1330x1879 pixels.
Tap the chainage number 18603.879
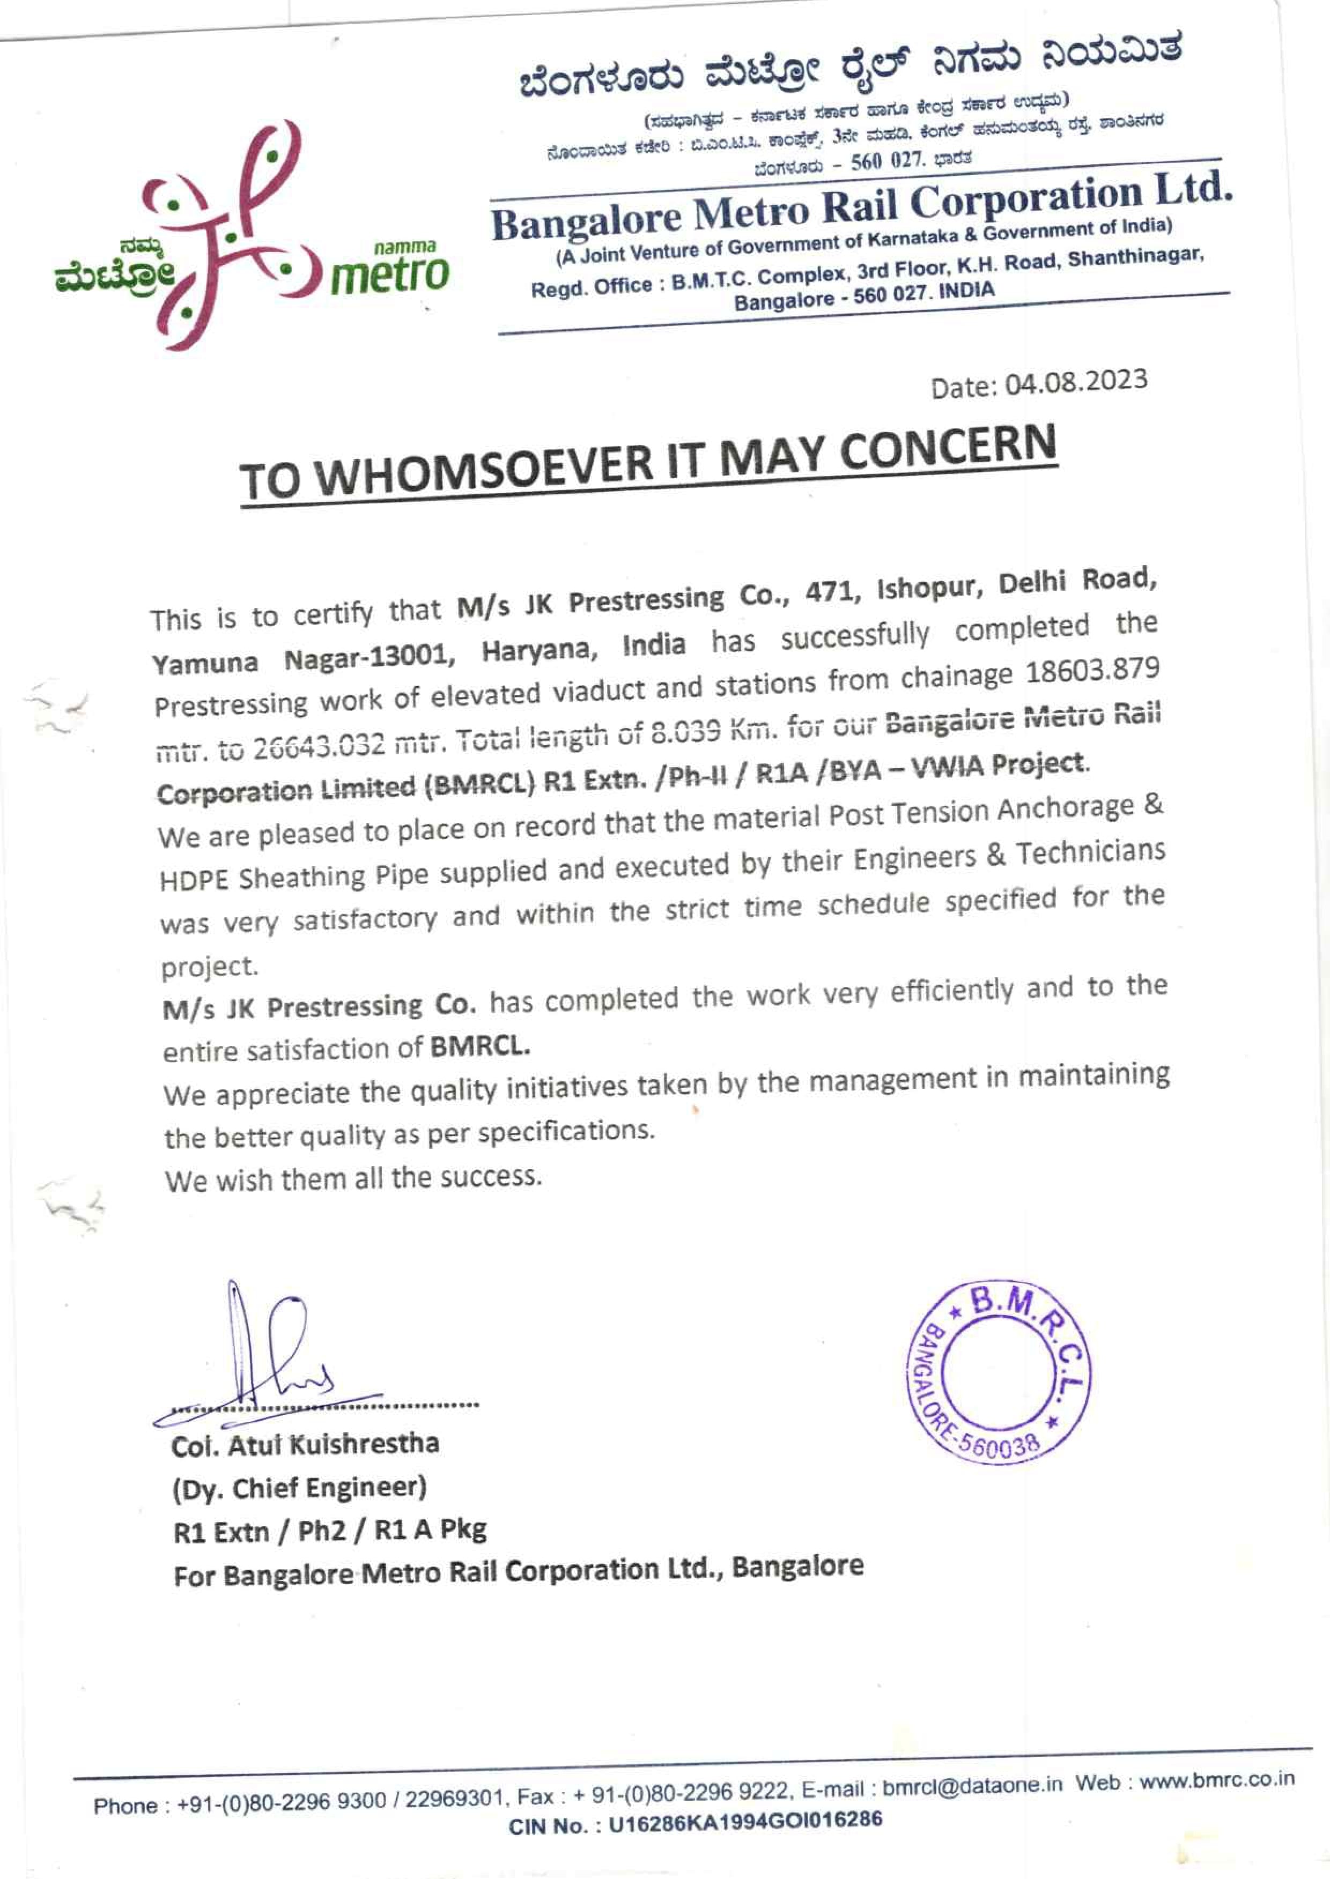(1092, 671)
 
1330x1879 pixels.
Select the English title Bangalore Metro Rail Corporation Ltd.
(860, 205)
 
